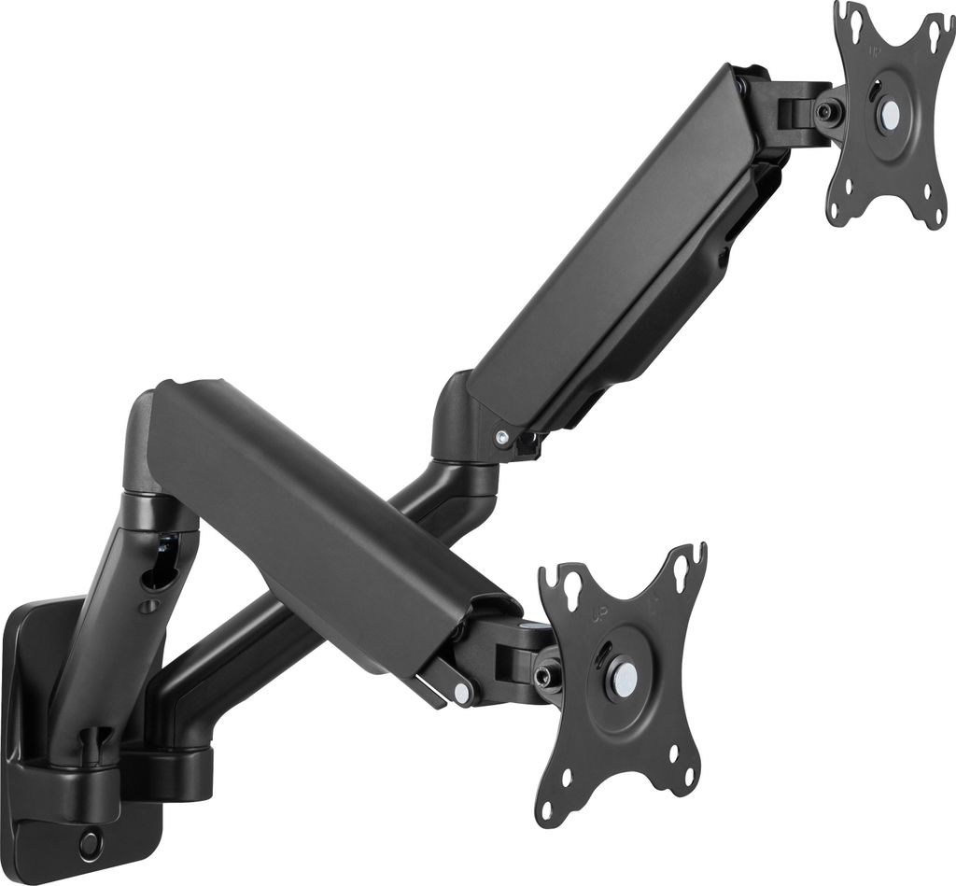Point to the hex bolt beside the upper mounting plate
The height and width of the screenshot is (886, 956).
(826, 112)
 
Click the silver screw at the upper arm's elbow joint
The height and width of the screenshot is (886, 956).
(502, 436)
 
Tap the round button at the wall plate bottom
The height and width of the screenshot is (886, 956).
(91, 844)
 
